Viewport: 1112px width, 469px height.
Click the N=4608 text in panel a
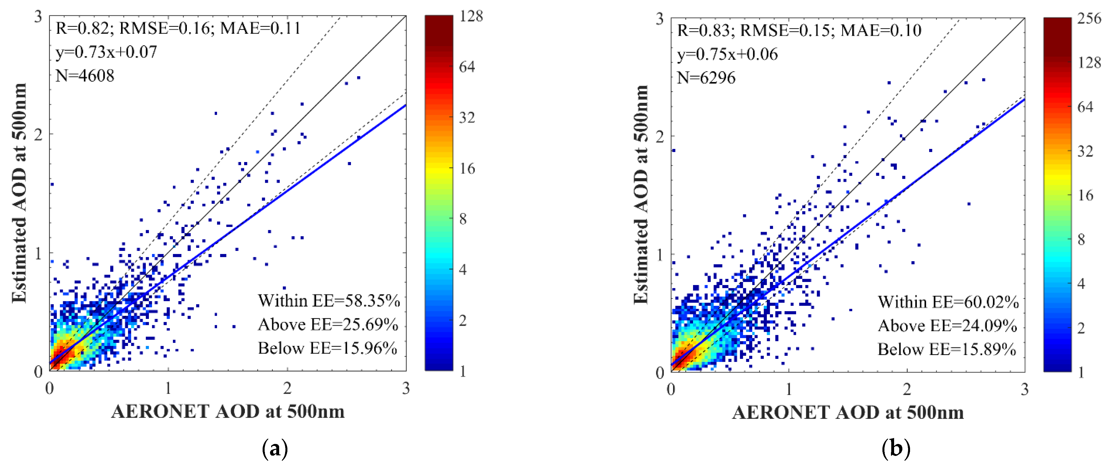(85, 76)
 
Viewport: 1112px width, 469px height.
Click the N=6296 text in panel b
(706, 78)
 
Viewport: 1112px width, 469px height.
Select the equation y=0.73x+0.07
(106, 52)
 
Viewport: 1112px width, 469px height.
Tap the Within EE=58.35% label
(329, 301)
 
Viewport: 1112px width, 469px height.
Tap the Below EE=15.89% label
(947, 349)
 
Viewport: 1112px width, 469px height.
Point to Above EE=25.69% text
(328, 324)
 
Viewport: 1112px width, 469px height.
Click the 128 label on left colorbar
(471, 17)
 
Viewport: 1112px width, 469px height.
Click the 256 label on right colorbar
(1089, 19)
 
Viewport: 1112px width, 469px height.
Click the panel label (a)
(275, 449)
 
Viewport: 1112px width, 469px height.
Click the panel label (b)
(896, 449)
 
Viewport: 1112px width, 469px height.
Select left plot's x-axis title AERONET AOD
(228, 411)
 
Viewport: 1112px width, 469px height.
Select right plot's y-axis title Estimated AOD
(641, 194)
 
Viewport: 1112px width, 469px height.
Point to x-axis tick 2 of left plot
(287, 389)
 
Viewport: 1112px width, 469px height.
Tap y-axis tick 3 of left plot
(38, 17)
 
